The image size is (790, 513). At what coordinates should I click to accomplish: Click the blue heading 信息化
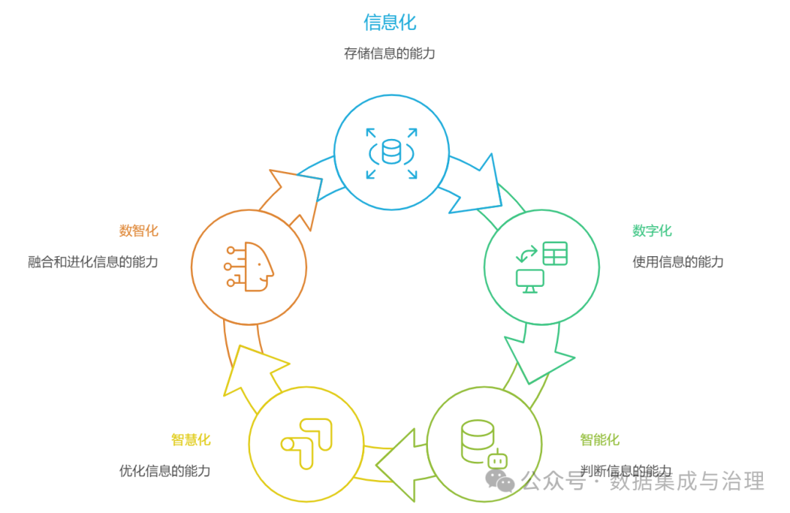click(x=390, y=22)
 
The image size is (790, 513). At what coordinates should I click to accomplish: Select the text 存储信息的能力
click(x=390, y=53)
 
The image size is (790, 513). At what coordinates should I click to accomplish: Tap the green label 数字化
click(x=652, y=231)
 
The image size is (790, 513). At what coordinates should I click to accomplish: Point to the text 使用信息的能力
click(x=678, y=262)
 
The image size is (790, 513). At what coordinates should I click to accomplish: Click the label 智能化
click(x=600, y=440)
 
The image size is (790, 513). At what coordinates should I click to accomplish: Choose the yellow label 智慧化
click(x=191, y=440)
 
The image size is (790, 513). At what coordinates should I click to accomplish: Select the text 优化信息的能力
click(x=165, y=471)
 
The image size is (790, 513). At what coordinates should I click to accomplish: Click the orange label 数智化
click(x=138, y=231)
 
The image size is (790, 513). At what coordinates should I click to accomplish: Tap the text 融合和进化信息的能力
click(x=93, y=262)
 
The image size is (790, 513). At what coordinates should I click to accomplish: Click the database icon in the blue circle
click(x=392, y=152)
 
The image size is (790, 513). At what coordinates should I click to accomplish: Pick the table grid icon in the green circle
click(x=554, y=253)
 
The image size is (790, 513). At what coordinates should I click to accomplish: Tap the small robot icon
click(x=497, y=460)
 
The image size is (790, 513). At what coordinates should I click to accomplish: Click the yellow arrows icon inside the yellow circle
click(x=307, y=443)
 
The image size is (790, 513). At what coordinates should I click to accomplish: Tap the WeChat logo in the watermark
click(x=501, y=480)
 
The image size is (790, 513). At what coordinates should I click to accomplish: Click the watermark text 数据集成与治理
click(x=688, y=481)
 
